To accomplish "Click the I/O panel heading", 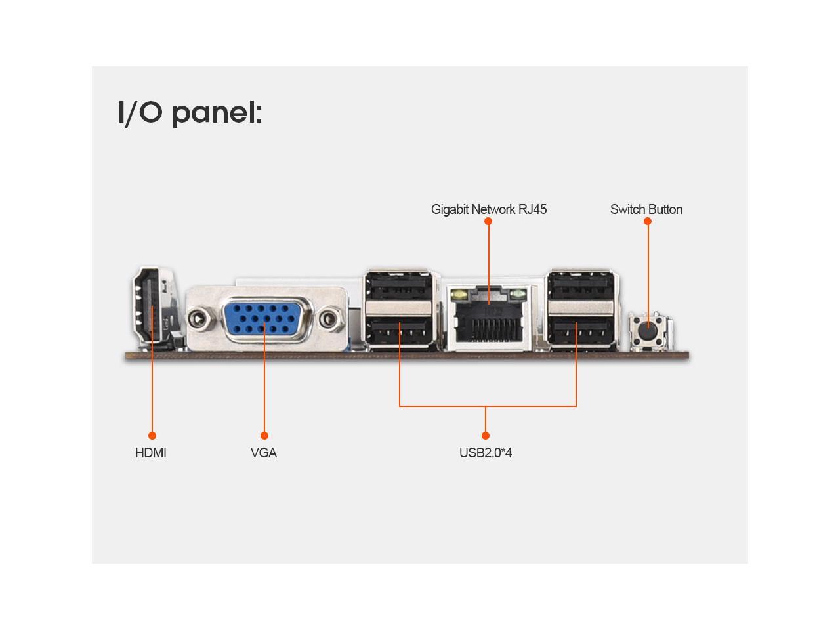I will pyautogui.click(x=190, y=112).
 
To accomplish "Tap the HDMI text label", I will pyautogui.click(x=151, y=453).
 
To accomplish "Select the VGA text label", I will pyautogui.click(x=264, y=453).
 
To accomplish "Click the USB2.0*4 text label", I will pyautogui.click(x=486, y=453).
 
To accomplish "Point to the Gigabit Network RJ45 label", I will pyautogui.click(x=489, y=209).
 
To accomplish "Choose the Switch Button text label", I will pyautogui.click(x=646, y=209).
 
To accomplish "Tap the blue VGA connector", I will pyautogui.click(x=265, y=320).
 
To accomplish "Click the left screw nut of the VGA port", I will pyautogui.click(x=198, y=320).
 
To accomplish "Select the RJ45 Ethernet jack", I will pyautogui.click(x=489, y=316).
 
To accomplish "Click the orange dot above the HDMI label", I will pyautogui.click(x=152, y=436).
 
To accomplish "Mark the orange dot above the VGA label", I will pyautogui.click(x=264, y=436).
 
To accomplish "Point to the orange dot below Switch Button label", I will pyautogui.click(x=648, y=221).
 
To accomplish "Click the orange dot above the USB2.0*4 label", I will pyautogui.click(x=486, y=436).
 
